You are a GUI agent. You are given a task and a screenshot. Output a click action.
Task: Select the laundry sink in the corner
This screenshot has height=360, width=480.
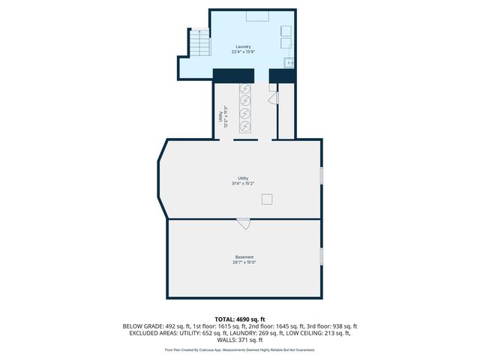point(289,63)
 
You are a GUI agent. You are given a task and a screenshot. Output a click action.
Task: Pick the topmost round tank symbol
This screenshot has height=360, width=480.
point(245,88)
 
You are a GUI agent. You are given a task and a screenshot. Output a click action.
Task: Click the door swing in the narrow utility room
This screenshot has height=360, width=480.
point(273,97)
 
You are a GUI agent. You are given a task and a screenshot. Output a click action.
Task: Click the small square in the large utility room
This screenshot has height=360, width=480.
point(266,199)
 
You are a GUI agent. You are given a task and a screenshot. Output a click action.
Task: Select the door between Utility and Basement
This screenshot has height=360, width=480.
point(243,222)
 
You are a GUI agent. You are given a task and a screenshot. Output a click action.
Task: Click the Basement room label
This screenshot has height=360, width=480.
point(244,257)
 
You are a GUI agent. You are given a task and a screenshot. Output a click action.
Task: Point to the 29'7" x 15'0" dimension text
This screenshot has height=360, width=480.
point(244,262)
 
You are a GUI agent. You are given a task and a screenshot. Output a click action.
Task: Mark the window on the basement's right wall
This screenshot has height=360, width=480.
point(321,256)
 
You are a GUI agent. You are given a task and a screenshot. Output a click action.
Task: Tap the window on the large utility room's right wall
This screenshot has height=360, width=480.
point(321,175)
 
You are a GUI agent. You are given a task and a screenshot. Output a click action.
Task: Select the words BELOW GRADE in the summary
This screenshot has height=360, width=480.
point(140,326)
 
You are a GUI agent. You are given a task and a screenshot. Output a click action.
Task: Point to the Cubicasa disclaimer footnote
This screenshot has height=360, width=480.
point(240,349)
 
